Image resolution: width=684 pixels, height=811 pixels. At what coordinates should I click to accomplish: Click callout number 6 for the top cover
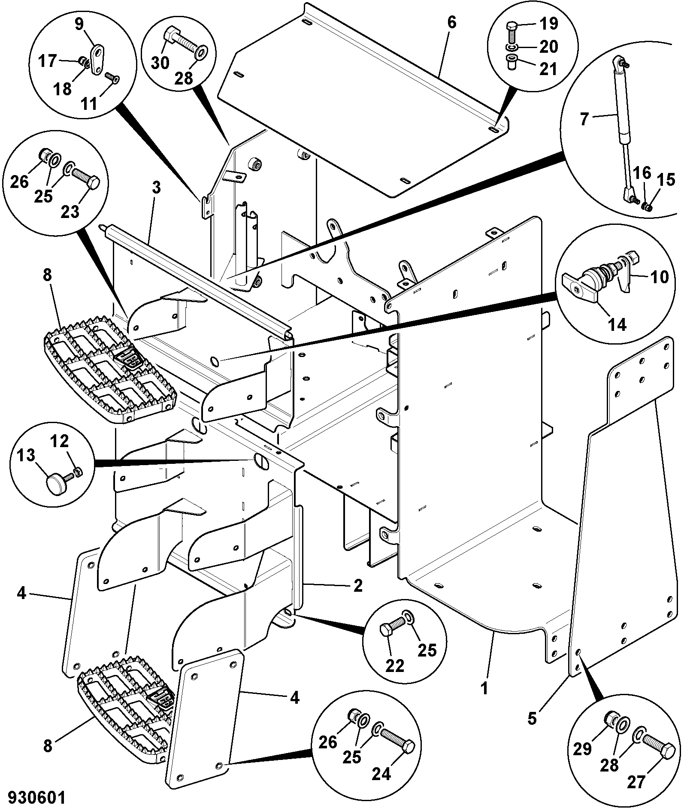click(451, 22)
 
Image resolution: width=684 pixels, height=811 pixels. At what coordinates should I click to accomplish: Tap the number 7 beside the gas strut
click(583, 119)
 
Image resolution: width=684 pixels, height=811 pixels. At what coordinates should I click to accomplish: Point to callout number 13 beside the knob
click(27, 455)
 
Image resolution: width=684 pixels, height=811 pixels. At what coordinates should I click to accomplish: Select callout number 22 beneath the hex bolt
click(395, 678)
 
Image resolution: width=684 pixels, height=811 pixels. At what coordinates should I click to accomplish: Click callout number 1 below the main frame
click(484, 700)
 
